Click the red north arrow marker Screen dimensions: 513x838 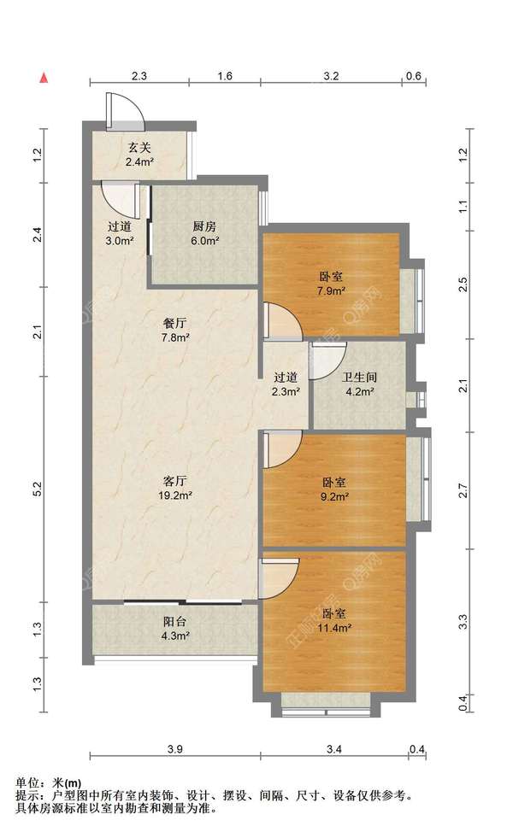45,78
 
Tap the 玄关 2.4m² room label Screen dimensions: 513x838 139,155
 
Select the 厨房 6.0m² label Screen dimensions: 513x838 205,233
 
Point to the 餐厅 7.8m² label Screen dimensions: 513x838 175,331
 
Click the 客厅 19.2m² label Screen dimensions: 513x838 175,488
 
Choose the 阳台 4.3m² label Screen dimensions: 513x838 175,629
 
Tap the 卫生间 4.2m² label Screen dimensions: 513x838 359,384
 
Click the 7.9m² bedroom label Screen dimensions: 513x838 331,284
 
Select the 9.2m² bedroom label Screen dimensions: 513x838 335,489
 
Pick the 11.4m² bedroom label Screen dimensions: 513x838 334,621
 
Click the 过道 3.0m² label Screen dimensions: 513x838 120,233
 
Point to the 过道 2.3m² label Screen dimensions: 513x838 285,384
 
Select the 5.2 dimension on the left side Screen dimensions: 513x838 37,489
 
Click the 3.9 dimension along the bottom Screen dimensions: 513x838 175,749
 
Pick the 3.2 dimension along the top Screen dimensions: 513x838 331,76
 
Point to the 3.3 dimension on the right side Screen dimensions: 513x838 463,622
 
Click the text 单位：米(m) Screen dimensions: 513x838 49,783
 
